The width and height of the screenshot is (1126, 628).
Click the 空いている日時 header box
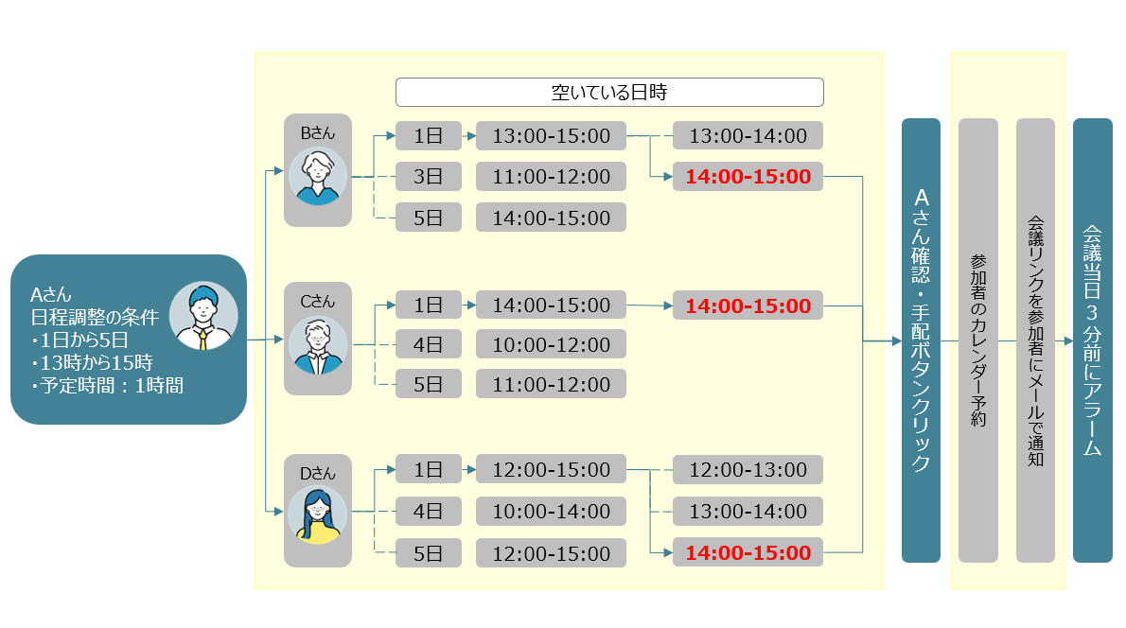(609, 93)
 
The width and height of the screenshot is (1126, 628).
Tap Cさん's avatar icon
(317, 346)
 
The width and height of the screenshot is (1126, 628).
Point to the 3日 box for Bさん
(429, 177)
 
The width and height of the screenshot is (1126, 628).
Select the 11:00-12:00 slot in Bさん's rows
(551, 177)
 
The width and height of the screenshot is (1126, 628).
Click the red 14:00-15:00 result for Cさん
(748, 305)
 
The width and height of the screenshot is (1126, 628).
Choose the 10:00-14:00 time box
(551, 512)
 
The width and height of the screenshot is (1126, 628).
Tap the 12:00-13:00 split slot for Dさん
(748, 470)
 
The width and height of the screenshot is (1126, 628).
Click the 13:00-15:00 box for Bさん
(551, 135)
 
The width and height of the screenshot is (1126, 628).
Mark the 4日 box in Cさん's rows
(429, 343)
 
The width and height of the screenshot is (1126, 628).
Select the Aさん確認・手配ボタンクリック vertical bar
(921, 340)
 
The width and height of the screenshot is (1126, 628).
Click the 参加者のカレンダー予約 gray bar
(978, 340)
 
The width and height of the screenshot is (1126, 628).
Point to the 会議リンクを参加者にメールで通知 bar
(1035, 340)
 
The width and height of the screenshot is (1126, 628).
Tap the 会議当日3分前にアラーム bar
(1092, 340)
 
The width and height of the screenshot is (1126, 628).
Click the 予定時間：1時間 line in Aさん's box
(106, 385)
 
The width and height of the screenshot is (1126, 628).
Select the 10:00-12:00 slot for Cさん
(551, 343)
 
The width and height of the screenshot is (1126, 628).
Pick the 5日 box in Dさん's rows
(429, 552)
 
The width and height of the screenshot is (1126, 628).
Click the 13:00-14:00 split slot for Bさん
(748, 135)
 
